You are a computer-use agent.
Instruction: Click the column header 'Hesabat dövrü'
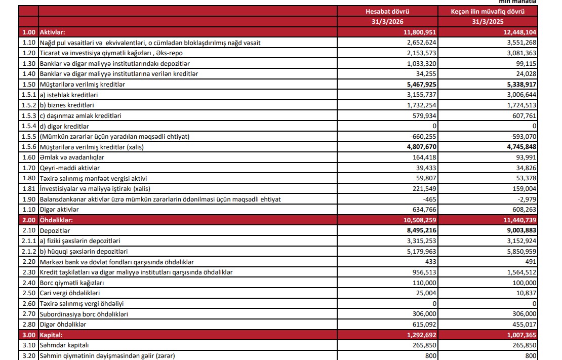click(x=387, y=11)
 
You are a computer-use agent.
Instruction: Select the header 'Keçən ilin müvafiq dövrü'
click(x=488, y=11)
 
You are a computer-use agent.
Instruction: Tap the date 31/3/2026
click(x=387, y=21)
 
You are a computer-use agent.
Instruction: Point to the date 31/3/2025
click(x=488, y=21)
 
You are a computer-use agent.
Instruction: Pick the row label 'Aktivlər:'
click(x=53, y=32)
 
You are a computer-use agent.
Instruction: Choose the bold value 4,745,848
click(x=518, y=147)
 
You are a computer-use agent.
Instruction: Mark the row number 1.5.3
click(x=29, y=116)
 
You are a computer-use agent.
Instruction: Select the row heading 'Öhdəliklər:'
click(x=57, y=220)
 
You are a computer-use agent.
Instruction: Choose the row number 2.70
click(x=29, y=314)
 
